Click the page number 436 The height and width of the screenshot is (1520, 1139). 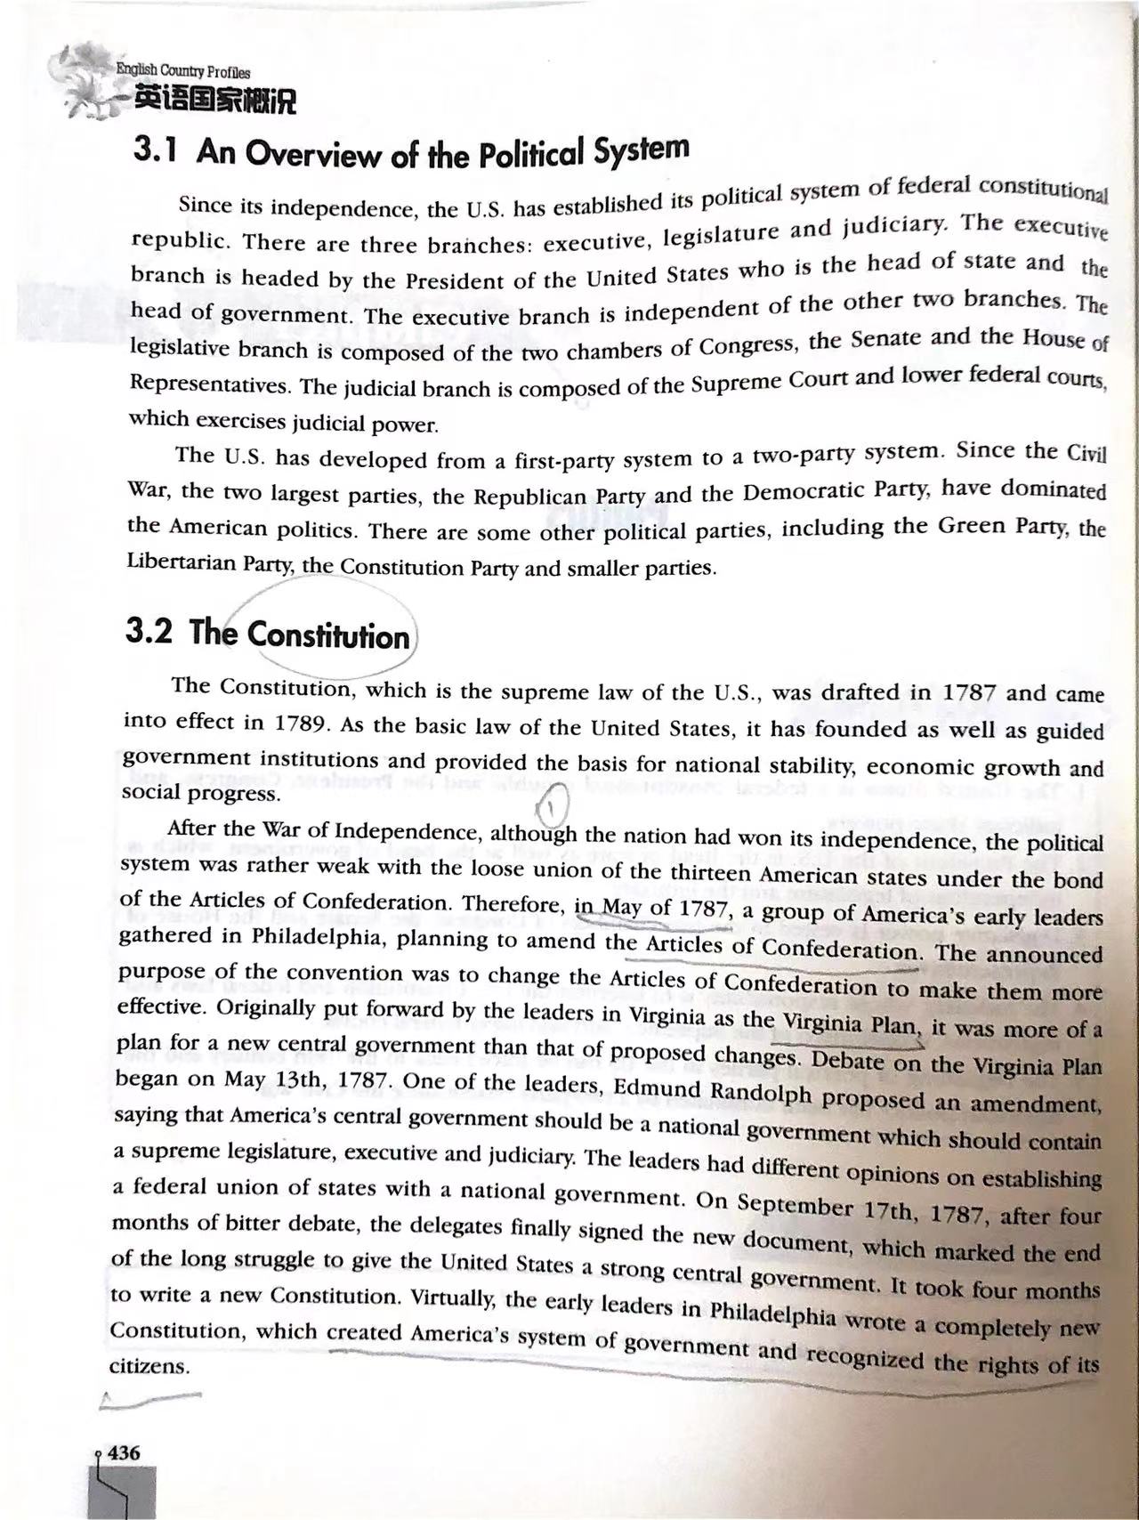click(124, 1452)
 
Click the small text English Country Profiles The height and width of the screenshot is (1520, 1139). click(183, 72)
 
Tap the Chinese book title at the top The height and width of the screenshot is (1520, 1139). click(214, 101)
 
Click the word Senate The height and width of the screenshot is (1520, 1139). click(891, 339)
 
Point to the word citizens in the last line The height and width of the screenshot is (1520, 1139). click(148, 1366)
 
